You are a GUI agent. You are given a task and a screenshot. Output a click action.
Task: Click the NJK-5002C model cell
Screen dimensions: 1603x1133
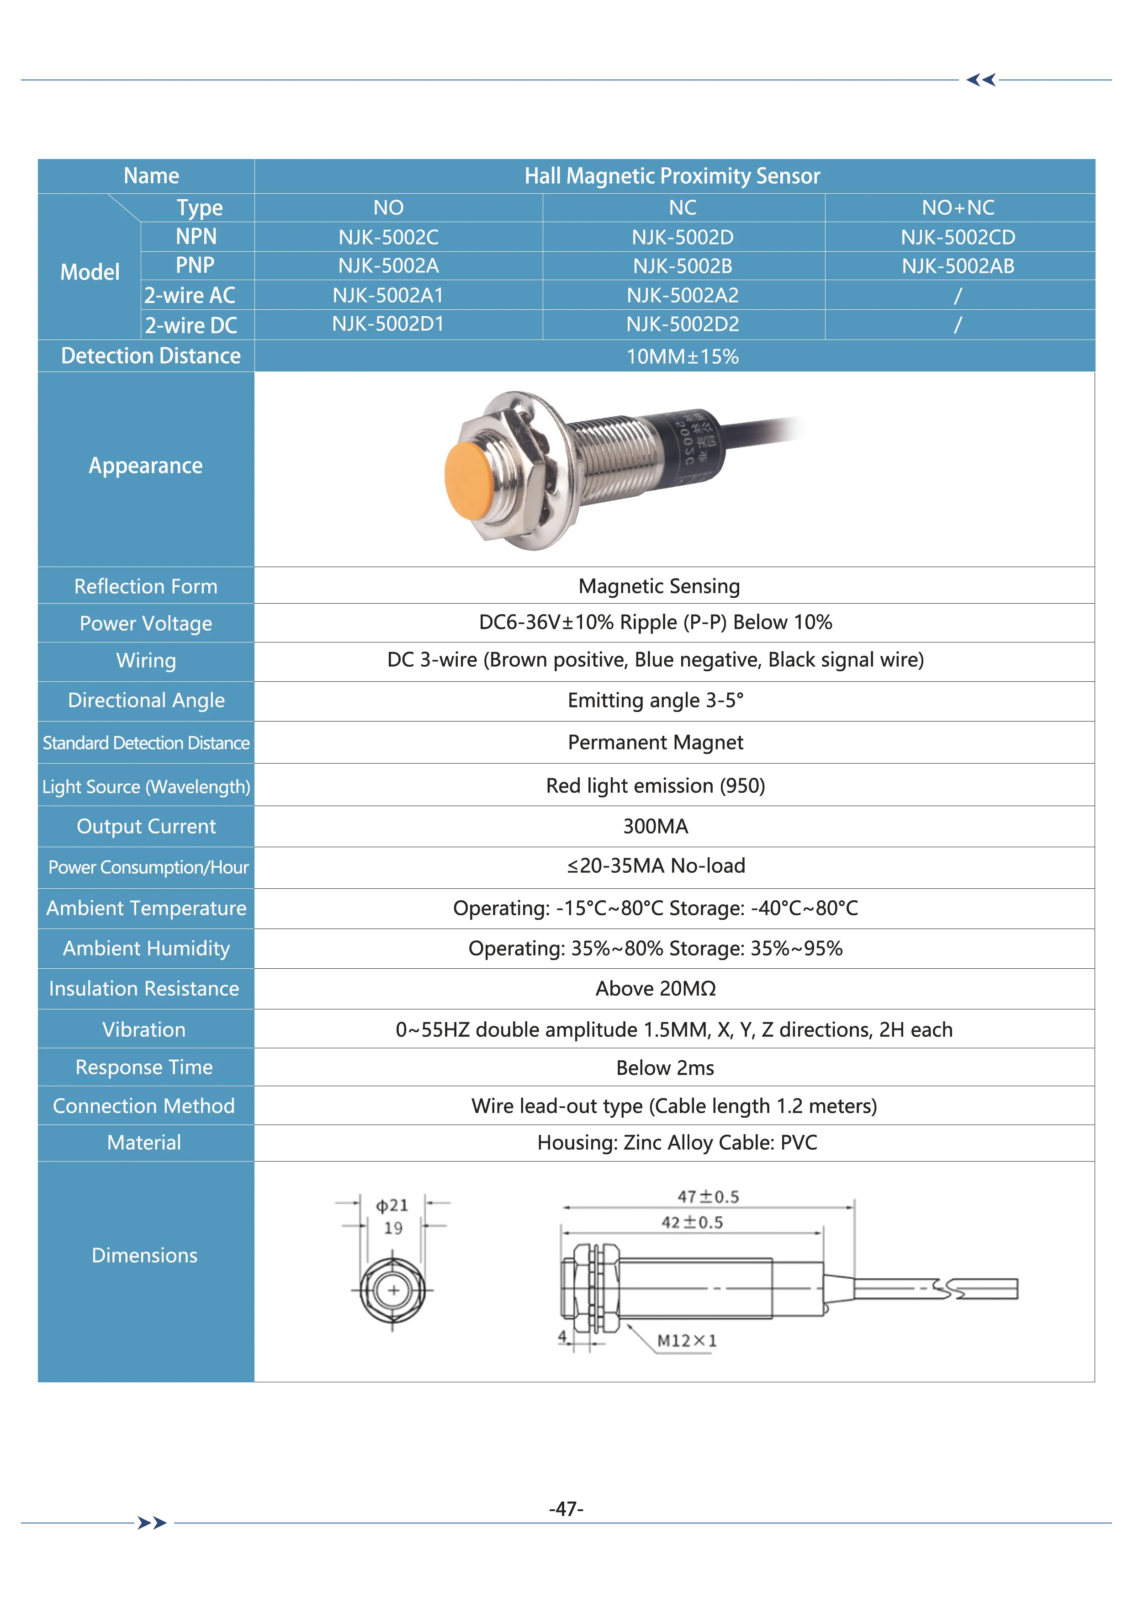pyautogui.click(x=388, y=237)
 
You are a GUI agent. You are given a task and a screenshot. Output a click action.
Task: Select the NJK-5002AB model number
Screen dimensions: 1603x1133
pyautogui.click(x=958, y=266)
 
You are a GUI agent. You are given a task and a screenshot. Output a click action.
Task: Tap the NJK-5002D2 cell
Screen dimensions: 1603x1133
pyautogui.click(x=682, y=324)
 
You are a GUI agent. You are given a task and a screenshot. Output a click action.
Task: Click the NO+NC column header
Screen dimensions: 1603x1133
pyautogui.click(x=958, y=207)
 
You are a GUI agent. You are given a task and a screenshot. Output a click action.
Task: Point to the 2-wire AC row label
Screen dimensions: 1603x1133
pyautogui.click(x=190, y=295)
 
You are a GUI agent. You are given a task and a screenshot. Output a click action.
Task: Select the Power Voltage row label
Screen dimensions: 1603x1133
pyautogui.click(x=146, y=623)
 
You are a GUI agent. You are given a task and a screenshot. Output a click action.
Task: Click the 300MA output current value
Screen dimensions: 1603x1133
pyautogui.click(x=656, y=827)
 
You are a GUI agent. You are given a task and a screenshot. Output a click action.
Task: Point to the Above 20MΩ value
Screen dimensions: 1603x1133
pyautogui.click(x=656, y=988)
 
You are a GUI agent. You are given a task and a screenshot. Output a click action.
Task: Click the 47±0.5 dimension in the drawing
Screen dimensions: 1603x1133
pyautogui.click(x=708, y=1197)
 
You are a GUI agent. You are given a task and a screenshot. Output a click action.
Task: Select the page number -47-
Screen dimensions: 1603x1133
pyautogui.click(x=566, y=1509)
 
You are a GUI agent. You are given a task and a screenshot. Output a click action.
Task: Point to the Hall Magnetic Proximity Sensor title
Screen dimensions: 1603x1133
pyautogui.click(x=672, y=176)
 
